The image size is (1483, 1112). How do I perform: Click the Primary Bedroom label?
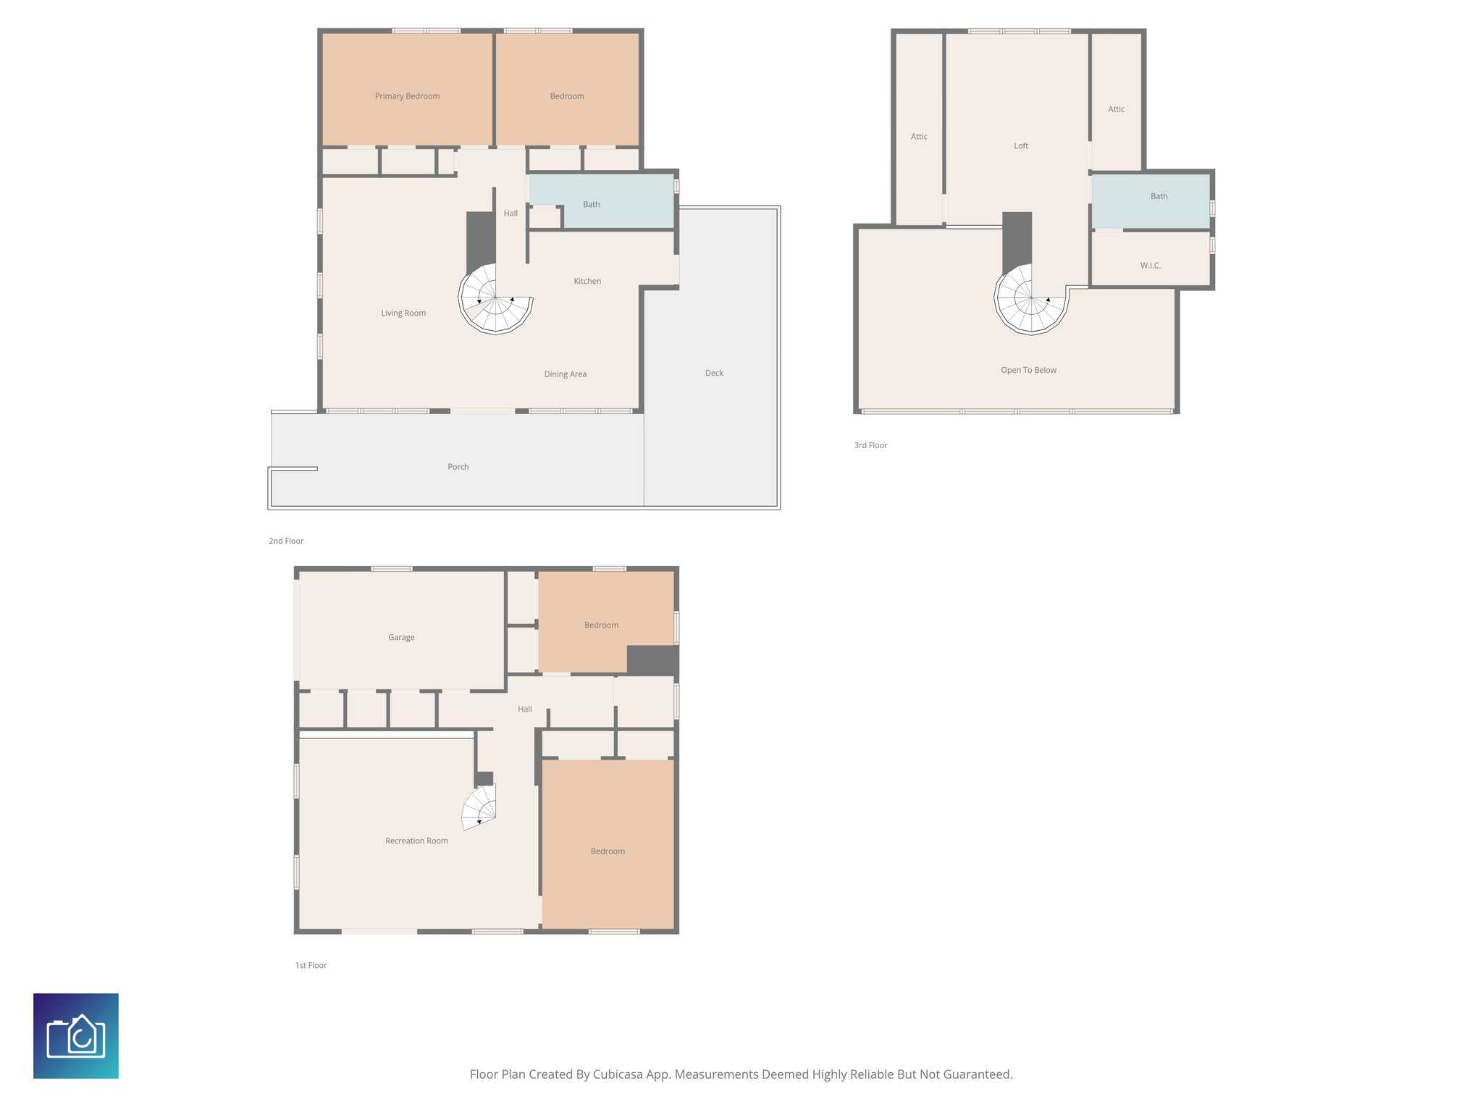coord(407,96)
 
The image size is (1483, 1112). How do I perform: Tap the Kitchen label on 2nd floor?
coord(587,281)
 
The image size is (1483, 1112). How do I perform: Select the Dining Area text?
coord(565,374)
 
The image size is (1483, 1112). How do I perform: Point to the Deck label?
coord(714,373)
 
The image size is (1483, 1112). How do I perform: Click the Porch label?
coord(458,467)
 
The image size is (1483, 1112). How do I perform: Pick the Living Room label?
coord(403,313)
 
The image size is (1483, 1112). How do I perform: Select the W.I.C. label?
coord(1150,266)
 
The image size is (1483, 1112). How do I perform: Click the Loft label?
coord(1020,146)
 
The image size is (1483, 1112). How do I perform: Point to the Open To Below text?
coord(1028,370)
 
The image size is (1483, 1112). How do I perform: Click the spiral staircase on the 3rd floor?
coord(1030,298)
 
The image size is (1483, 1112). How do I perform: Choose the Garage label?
coord(401,637)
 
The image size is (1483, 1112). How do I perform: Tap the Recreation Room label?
coord(416,841)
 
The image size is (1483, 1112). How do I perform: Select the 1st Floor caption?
coord(311,965)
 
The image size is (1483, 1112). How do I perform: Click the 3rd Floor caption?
coord(870,445)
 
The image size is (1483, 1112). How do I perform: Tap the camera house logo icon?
coord(76,1036)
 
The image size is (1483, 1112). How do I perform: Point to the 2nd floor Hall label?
coord(511,214)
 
